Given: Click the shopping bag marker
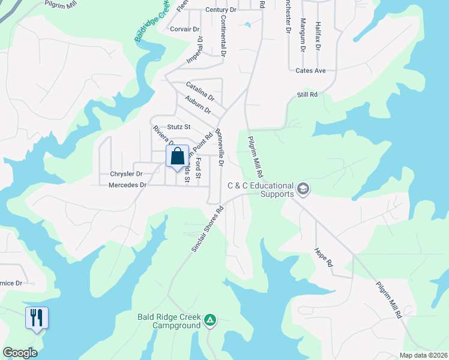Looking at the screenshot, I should [x=178, y=157].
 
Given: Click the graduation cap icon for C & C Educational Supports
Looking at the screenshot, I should [x=303, y=189].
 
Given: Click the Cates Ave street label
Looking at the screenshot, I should [x=310, y=71].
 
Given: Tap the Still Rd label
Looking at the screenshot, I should [x=307, y=95].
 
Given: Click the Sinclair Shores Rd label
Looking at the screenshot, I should [x=208, y=229].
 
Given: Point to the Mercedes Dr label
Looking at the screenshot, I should [x=127, y=185].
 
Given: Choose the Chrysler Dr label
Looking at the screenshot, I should [x=126, y=174].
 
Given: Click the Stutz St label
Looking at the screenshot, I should [x=179, y=127].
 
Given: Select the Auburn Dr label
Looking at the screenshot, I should [x=198, y=105].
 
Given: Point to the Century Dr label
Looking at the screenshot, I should [x=220, y=10].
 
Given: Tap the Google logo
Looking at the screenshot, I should [x=20, y=352].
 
